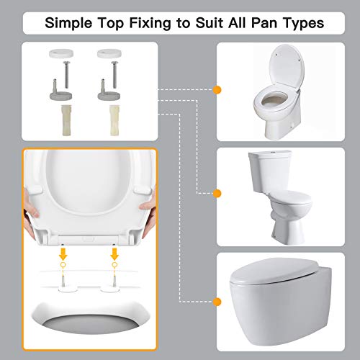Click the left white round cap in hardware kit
pos(55,53)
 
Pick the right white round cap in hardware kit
pos(104,53)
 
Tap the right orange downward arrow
pos(115,253)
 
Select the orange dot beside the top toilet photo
pos(217,89)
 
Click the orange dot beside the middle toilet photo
pos(217,192)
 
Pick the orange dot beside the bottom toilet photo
pos(217,300)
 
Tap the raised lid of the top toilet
pos(286,70)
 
